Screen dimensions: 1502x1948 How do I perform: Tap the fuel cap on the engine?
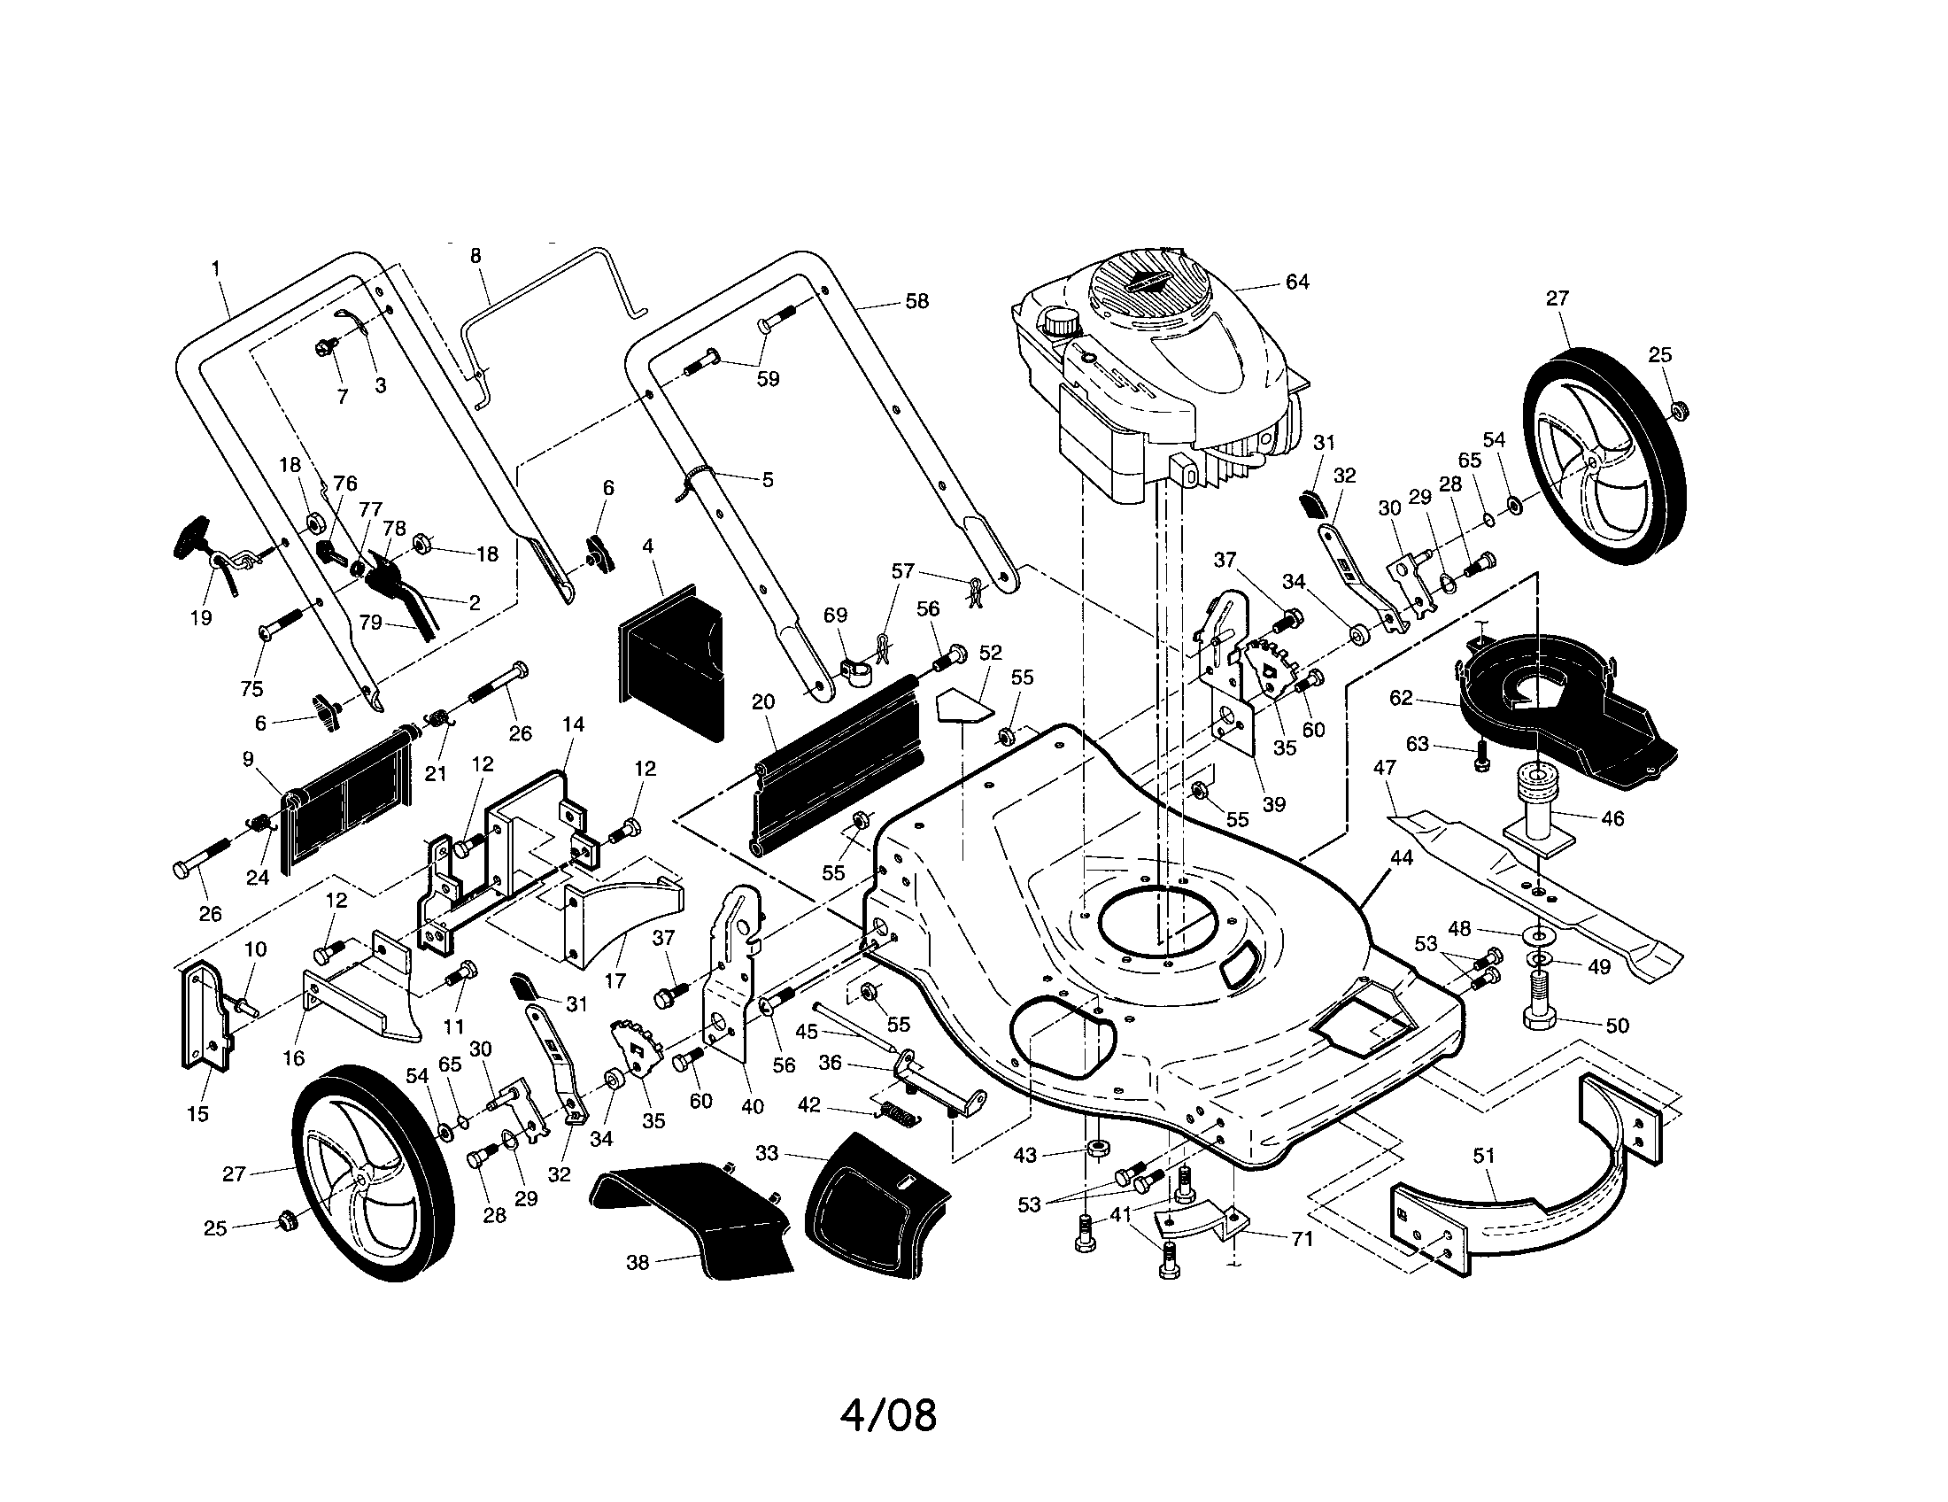tap(1062, 321)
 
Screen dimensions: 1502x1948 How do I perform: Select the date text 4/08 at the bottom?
tap(888, 1415)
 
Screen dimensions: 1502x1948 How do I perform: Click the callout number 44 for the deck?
tap(1402, 857)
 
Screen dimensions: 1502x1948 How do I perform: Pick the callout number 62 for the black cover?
tap(1402, 698)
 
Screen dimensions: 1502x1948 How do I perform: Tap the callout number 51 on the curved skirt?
tap(1482, 1156)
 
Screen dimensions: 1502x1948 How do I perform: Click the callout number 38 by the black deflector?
tap(637, 1263)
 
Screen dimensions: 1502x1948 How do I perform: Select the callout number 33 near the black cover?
tap(766, 1153)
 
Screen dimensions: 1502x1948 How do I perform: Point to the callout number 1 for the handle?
tap(216, 267)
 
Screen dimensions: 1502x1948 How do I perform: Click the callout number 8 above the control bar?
tap(475, 256)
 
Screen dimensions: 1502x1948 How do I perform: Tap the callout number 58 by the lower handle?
tap(916, 301)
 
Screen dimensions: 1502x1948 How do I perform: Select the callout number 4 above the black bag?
tap(647, 545)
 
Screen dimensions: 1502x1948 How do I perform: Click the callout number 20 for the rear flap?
tap(762, 702)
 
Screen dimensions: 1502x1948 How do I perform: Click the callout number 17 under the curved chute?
tap(615, 981)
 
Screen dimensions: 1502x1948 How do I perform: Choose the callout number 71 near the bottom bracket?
tap(1303, 1239)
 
